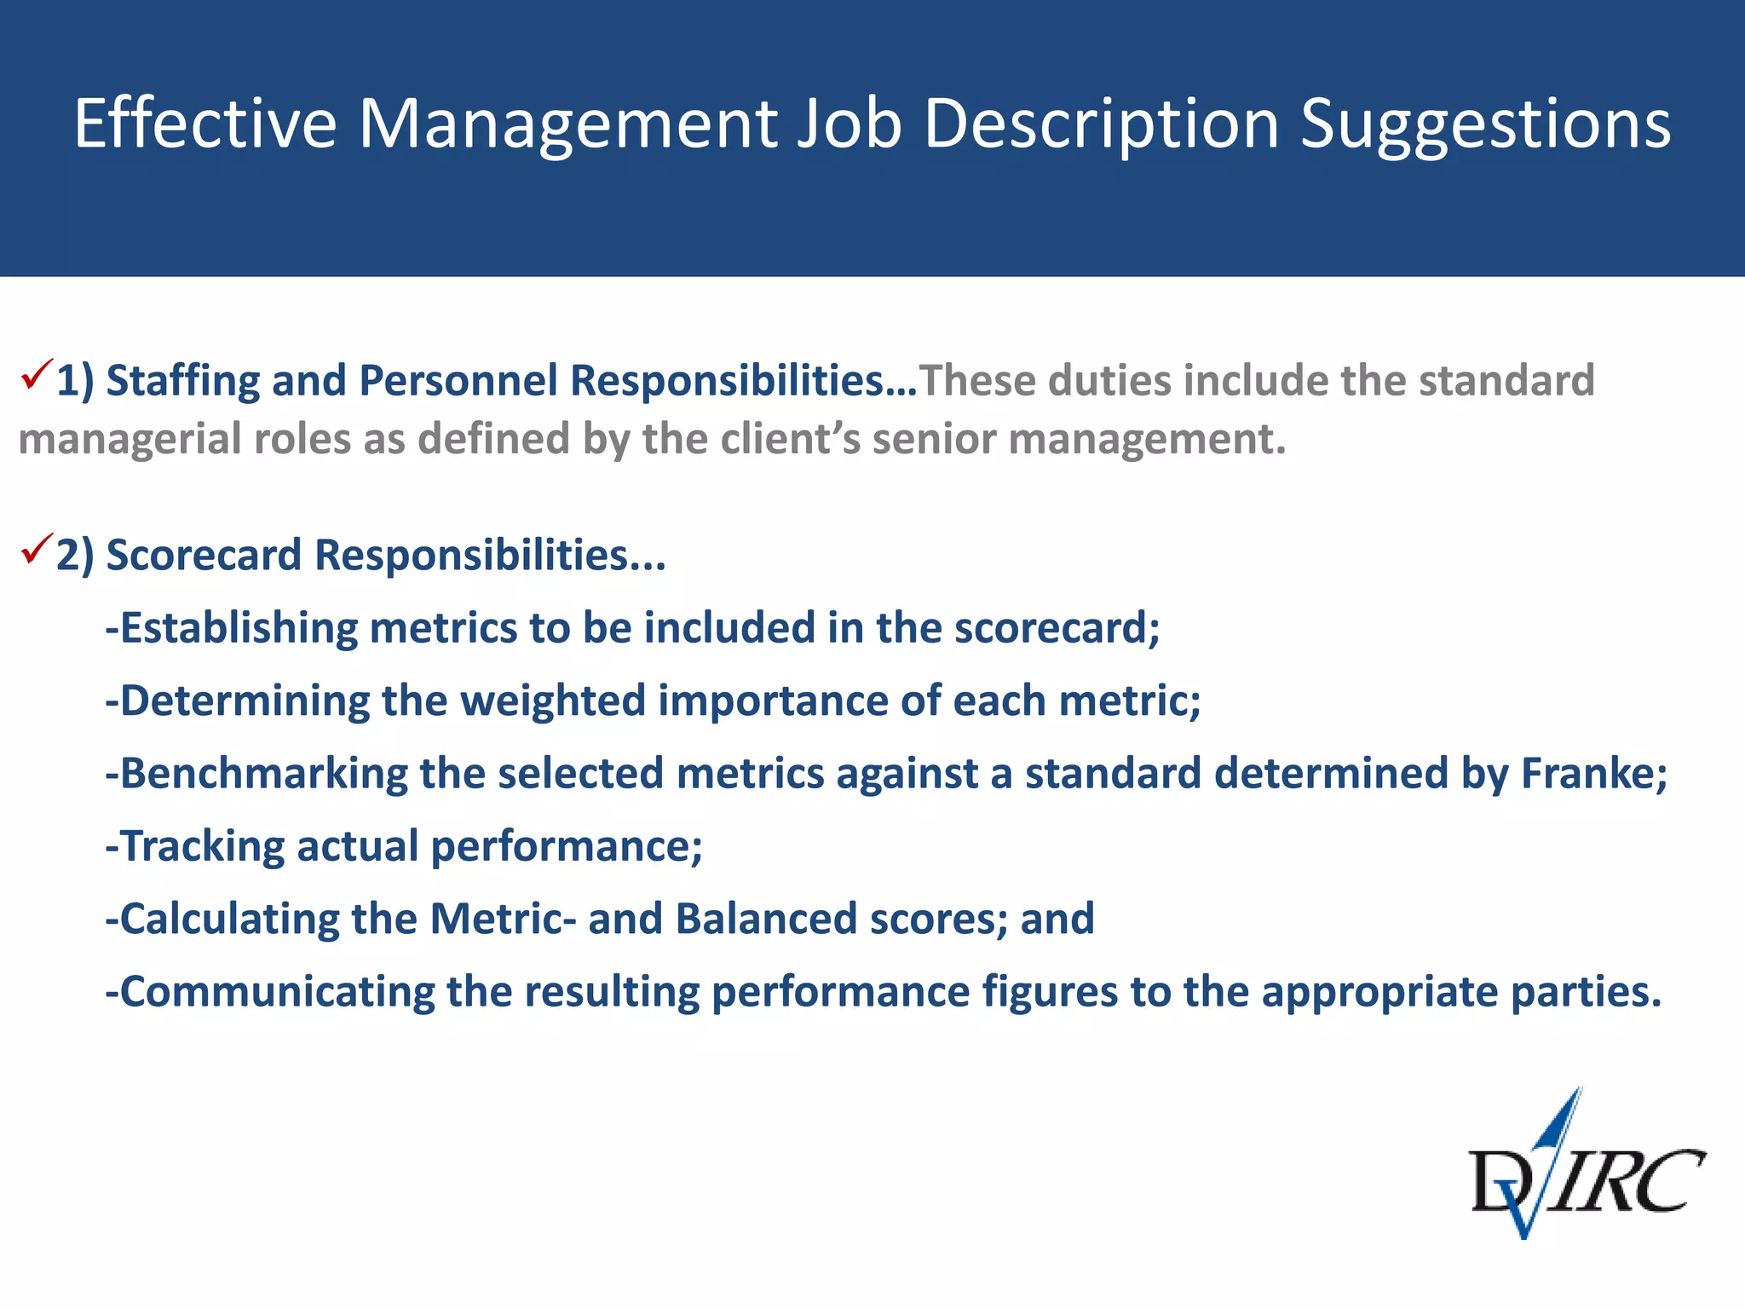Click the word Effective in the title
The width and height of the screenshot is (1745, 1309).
coord(204,124)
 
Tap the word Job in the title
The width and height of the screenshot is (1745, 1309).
coord(848,124)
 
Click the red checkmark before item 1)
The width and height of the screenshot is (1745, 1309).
coord(37,374)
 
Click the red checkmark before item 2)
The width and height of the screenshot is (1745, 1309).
coord(37,550)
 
